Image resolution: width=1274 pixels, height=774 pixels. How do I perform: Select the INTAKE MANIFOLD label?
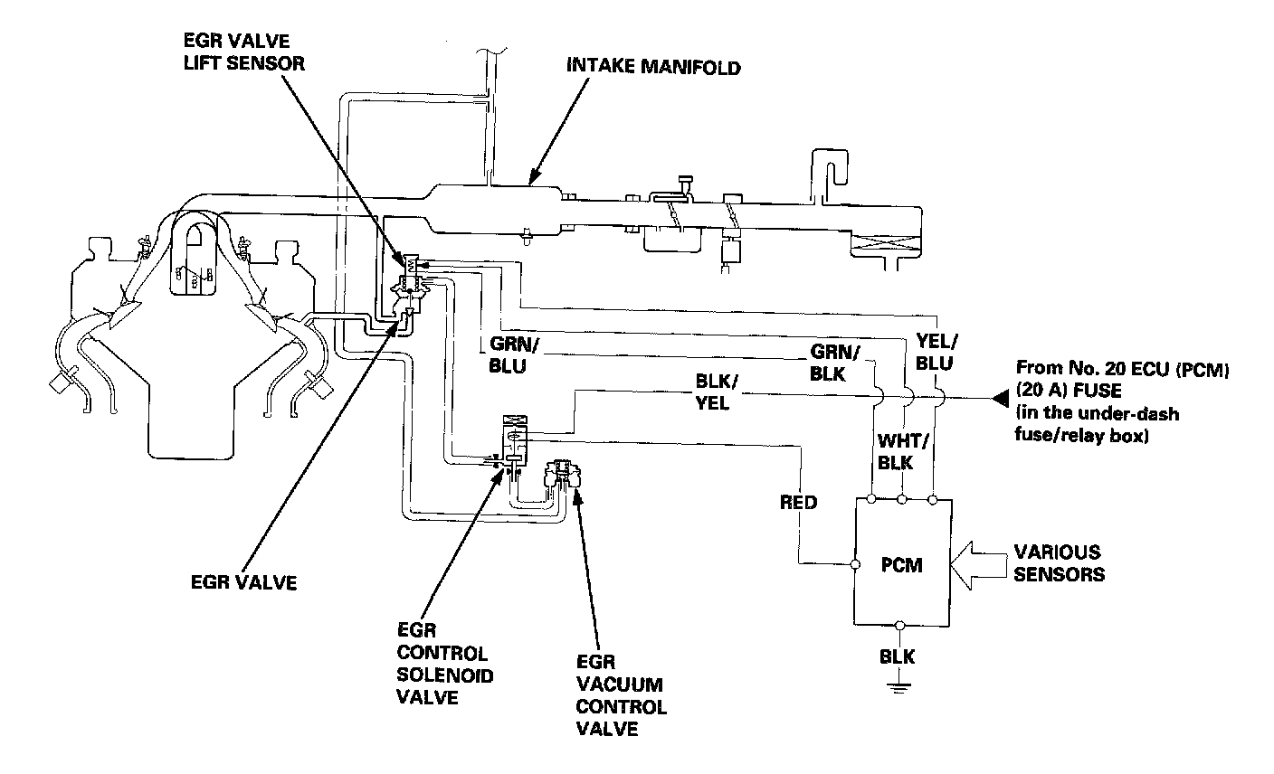(652, 66)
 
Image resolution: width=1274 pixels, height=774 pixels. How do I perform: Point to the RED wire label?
(798, 502)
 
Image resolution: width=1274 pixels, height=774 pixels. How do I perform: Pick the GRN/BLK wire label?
(834, 361)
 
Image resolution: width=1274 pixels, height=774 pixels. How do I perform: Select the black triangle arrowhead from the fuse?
(999, 397)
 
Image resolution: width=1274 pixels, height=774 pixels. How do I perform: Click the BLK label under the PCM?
(898, 657)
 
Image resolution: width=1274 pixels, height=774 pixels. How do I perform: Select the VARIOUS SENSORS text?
(1058, 562)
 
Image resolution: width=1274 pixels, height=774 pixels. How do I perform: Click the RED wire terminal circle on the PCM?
(855, 565)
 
